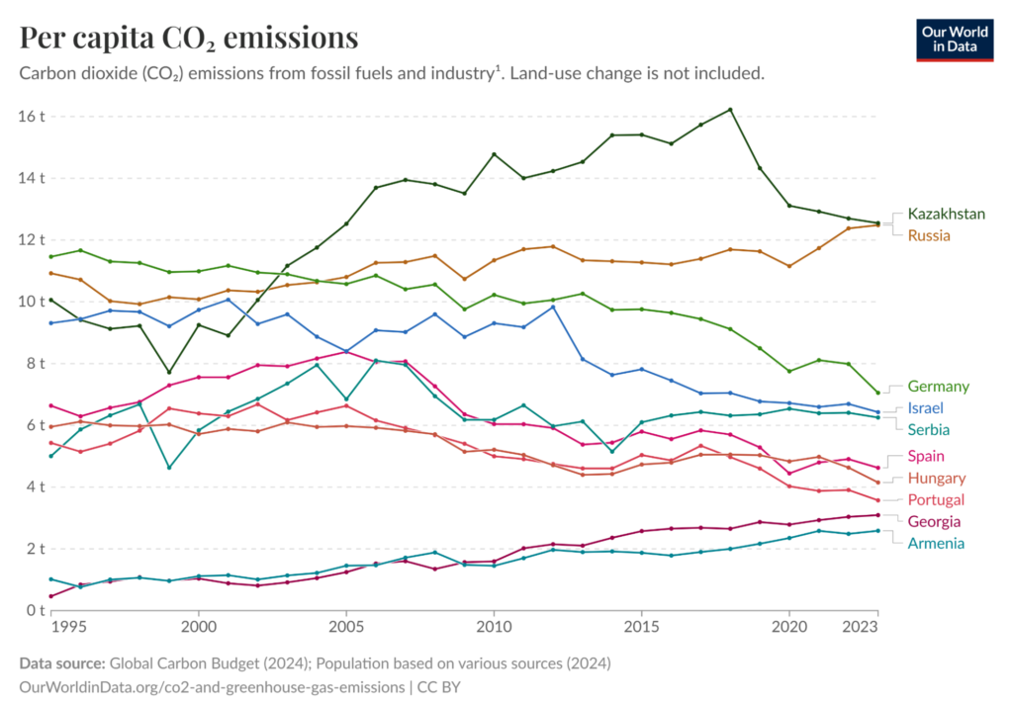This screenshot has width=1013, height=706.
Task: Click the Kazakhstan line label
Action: tap(946, 214)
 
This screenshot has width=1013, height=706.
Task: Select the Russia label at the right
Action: tap(929, 235)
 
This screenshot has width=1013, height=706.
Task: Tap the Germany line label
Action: tap(938, 387)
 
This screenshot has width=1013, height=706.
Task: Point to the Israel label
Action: tap(926, 408)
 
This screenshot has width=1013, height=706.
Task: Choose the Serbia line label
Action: tap(929, 430)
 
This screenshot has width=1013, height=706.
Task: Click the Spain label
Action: tap(926, 456)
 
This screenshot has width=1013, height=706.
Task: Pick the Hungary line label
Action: tap(936, 478)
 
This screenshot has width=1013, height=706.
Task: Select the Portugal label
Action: tap(936, 499)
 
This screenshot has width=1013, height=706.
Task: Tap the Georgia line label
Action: tap(934, 521)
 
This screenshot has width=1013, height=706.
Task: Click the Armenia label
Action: tap(935, 543)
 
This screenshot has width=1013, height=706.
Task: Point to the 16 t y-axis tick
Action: tap(32, 117)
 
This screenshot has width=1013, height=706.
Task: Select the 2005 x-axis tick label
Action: tap(345, 627)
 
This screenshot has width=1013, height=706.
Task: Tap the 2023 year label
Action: tap(864, 627)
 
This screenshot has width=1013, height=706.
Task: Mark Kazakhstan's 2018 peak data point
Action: tap(730, 110)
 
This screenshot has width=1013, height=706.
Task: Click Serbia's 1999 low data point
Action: tap(169, 468)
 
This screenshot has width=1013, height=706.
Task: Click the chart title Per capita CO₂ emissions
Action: tap(188, 38)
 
